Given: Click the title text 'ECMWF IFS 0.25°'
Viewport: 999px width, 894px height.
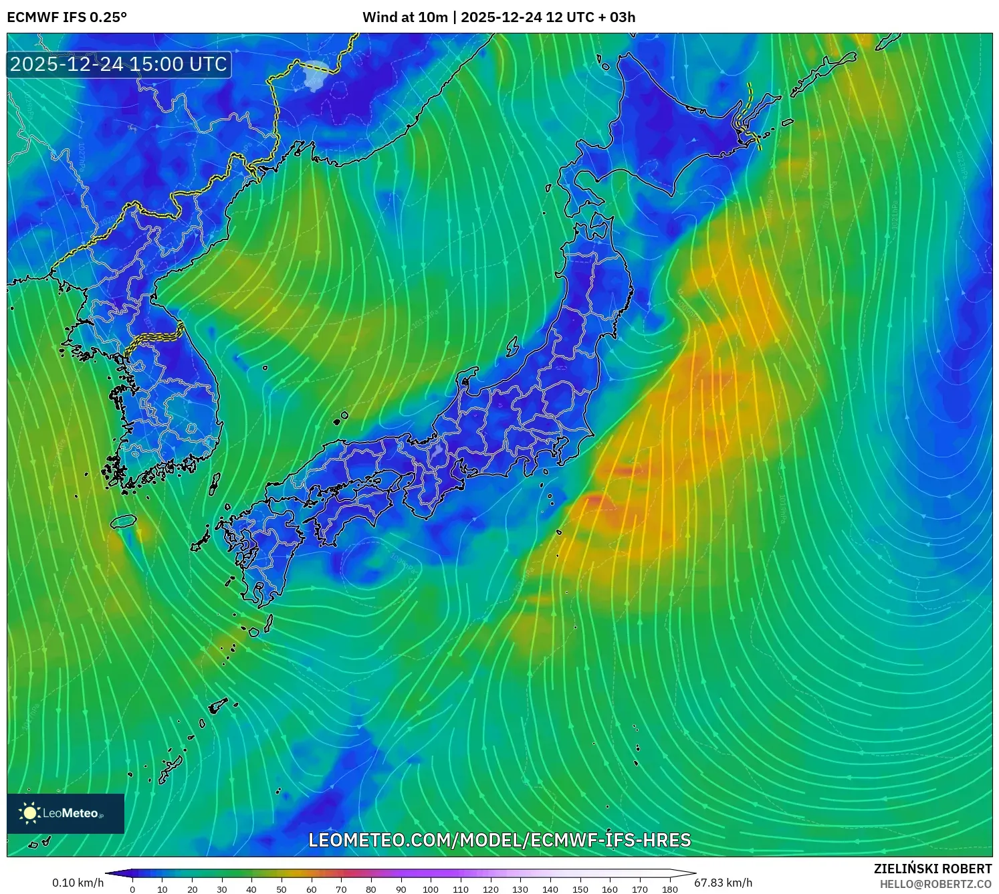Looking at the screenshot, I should point(67,17).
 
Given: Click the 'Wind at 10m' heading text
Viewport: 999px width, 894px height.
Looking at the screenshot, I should point(405,17).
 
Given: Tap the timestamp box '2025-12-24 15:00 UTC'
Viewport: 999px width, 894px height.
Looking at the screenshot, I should point(119,64).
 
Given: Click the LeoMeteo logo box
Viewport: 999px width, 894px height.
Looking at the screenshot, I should point(66,813).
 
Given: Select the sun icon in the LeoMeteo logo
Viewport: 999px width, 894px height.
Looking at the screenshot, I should point(29,812).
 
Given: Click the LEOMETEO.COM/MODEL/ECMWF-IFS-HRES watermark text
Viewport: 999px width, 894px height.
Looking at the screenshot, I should point(499,840).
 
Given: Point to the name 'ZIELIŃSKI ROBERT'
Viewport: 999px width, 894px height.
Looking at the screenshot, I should point(933,869).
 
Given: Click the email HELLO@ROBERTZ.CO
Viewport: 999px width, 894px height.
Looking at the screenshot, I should point(935,884).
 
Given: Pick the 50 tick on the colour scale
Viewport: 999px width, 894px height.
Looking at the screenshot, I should point(282,889).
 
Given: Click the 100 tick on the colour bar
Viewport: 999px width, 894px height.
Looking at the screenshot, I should point(430,889).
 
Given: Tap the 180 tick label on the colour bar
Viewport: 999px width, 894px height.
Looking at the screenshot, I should point(669,889).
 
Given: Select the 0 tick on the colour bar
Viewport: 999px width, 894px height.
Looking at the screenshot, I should point(132,889).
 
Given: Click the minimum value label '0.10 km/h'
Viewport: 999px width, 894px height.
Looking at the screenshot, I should point(78,883).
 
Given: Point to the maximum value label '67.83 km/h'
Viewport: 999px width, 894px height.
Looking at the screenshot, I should point(723,883).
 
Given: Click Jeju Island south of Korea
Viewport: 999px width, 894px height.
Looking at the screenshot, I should point(124,521).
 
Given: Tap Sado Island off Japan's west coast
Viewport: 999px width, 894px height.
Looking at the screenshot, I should point(513,346).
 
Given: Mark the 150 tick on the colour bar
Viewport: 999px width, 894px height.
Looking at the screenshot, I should point(580,889).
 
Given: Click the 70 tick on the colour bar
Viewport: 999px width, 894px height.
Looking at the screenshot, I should point(341,889).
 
